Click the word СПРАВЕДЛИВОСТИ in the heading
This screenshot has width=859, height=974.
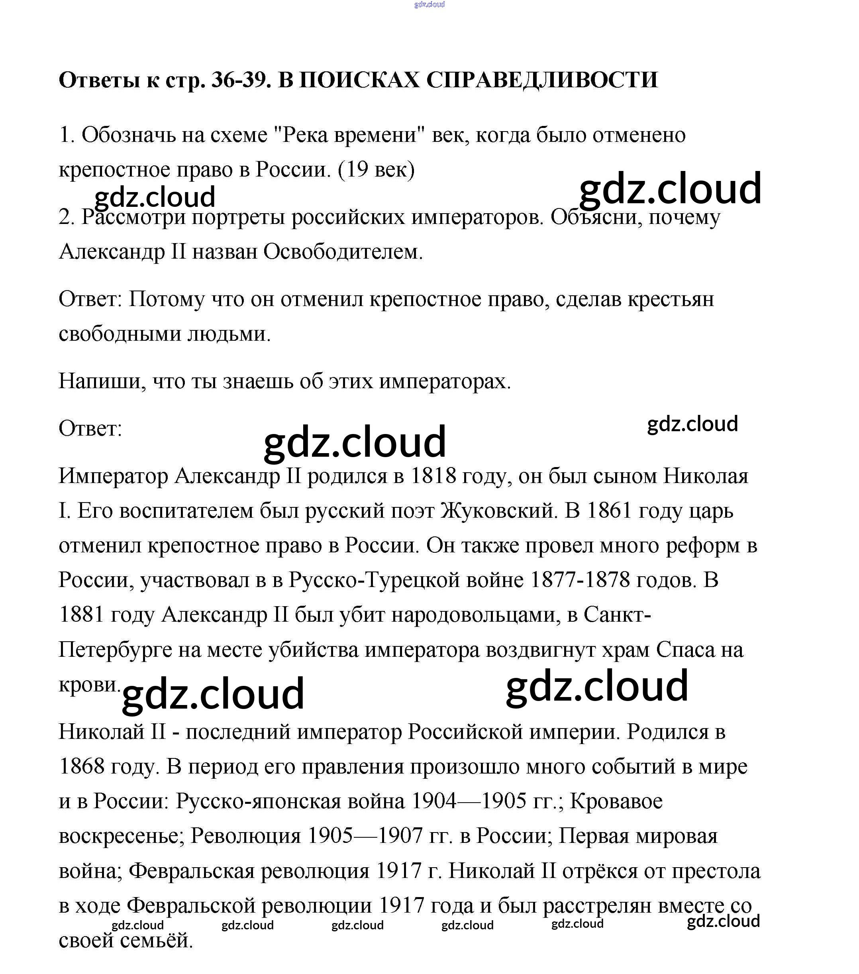[x=542, y=80]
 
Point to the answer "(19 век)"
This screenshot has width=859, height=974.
[x=377, y=170]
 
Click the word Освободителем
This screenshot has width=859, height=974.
[x=343, y=251]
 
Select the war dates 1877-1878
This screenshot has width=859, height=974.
[x=579, y=580]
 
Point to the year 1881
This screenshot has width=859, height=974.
[x=81, y=615]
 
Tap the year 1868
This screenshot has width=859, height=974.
[x=81, y=767]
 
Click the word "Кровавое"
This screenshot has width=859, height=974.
[x=616, y=801]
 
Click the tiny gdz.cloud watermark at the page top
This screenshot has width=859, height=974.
[x=429, y=4]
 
